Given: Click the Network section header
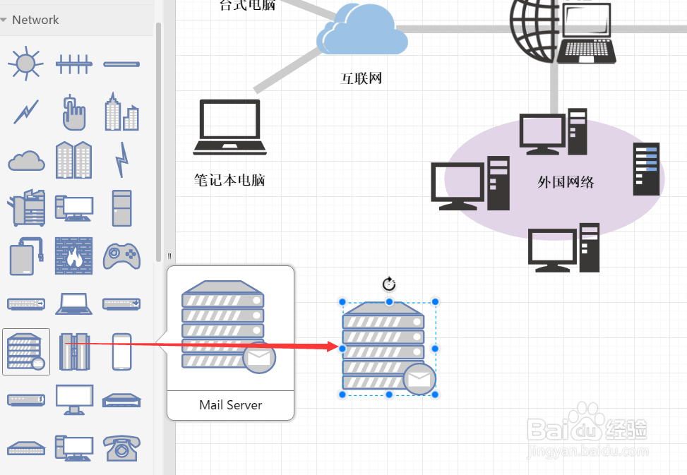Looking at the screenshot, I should click(x=35, y=20).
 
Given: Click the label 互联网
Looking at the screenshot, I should click(x=362, y=78).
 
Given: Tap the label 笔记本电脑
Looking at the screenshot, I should click(x=229, y=180).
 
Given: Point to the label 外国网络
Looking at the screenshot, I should click(x=566, y=182).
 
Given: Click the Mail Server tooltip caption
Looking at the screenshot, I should click(x=230, y=405).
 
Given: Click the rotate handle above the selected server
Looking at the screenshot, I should click(x=389, y=284).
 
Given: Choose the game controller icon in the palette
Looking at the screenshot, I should click(x=121, y=256).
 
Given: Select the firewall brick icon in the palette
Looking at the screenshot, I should click(x=73, y=255).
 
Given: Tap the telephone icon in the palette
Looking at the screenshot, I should click(x=121, y=447).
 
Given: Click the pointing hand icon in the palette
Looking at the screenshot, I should click(x=73, y=112).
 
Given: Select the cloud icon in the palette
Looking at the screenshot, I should click(x=26, y=161).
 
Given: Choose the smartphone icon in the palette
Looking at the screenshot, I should click(x=121, y=351).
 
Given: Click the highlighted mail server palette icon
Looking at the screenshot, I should click(x=26, y=351).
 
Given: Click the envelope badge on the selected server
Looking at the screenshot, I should click(x=419, y=380).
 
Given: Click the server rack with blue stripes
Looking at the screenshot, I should click(x=646, y=169).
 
